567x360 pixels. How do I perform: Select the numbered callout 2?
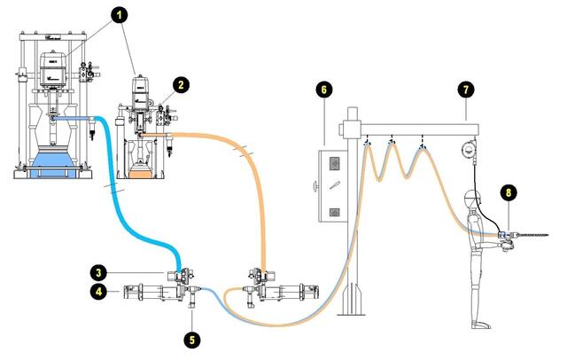tap(181, 85)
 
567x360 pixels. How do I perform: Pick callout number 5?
tap(192, 339)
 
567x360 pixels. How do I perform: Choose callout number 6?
tap(324, 90)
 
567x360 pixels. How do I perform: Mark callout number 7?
tap(466, 89)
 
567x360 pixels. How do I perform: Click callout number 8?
tap(508, 191)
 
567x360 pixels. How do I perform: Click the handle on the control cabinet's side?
tap(315, 185)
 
